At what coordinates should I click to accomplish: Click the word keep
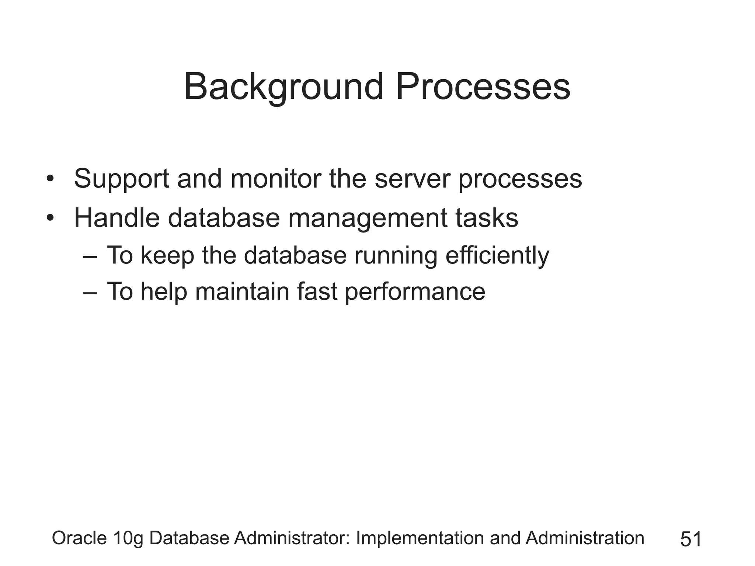tap(167, 256)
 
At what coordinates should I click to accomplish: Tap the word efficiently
tap(497, 256)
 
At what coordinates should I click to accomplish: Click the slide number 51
tap(691, 539)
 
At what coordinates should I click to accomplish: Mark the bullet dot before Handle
tap(51, 219)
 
